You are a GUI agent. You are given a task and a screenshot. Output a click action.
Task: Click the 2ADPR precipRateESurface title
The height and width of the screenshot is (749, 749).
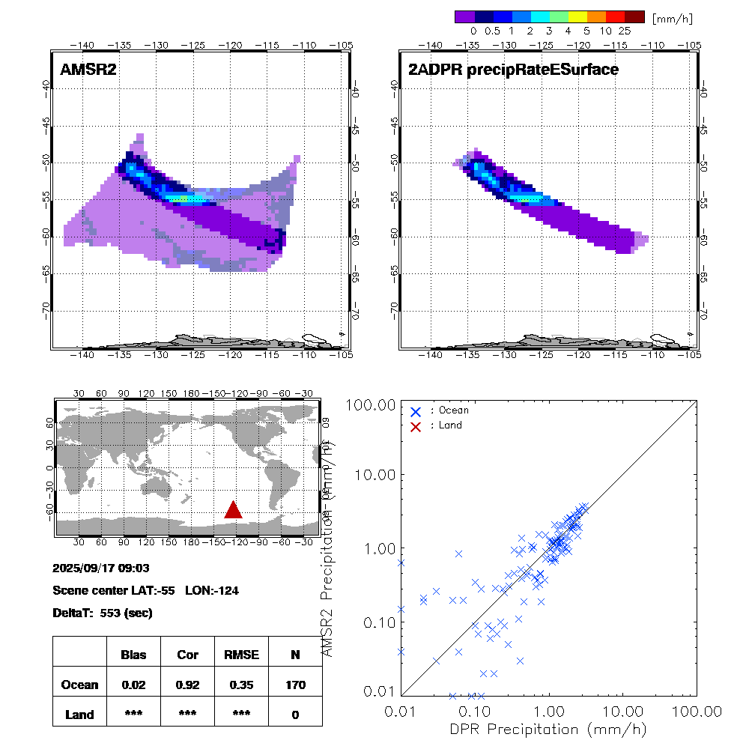pyautogui.click(x=513, y=70)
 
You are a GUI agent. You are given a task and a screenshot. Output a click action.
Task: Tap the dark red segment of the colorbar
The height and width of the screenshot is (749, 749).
pyautogui.click(x=634, y=16)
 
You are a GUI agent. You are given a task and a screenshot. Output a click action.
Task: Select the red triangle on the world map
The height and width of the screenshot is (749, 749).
pyautogui.click(x=234, y=510)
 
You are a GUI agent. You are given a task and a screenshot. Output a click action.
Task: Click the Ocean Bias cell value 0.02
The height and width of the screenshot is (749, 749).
pyautogui.click(x=133, y=685)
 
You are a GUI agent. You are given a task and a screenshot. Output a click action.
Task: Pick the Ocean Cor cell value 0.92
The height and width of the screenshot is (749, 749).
pyautogui.click(x=187, y=685)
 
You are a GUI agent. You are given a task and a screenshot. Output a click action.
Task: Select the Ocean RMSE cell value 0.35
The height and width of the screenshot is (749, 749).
pyautogui.click(x=241, y=685)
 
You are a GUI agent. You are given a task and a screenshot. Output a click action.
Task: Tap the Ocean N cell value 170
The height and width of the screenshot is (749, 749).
pyautogui.click(x=295, y=685)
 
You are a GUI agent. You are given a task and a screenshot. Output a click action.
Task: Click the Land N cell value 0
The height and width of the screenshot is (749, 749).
pyautogui.click(x=295, y=715)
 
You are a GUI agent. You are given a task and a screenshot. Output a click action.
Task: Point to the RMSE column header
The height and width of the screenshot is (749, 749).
pyautogui.click(x=241, y=655)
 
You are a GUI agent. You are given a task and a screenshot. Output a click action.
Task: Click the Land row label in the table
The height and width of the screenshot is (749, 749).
pyautogui.click(x=80, y=715)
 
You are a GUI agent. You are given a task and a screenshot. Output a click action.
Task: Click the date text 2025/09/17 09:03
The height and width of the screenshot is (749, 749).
pyautogui.click(x=103, y=568)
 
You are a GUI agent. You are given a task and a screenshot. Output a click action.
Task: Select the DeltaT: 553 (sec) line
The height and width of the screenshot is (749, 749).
pyautogui.click(x=103, y=613)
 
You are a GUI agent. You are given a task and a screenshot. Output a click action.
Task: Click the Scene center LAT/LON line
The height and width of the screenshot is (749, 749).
pyautogui.click(x=146, y=590)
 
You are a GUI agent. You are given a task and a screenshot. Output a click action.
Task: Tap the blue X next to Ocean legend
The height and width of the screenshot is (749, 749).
pyautogui.click(x=416, y=410)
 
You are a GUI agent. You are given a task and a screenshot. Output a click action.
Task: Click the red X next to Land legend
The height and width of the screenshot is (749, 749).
pyautogui.click(x=416, y=425)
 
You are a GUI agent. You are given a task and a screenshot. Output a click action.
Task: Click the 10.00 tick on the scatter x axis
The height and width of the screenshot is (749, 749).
pyautogui.click(x=623, y=711)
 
